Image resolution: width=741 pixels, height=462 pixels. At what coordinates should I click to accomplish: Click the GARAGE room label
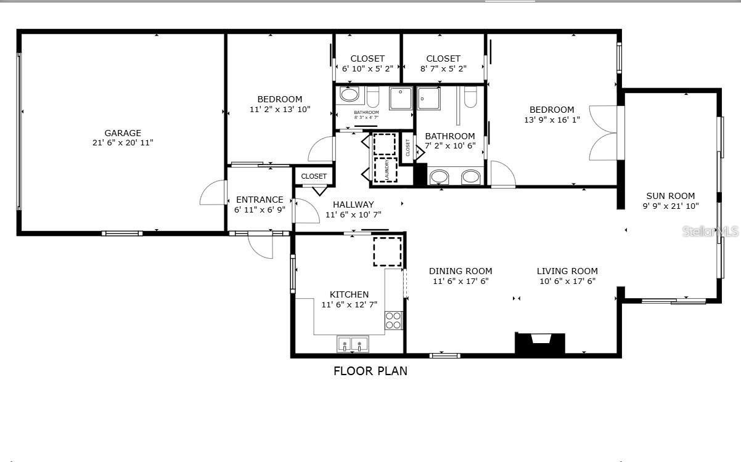123,132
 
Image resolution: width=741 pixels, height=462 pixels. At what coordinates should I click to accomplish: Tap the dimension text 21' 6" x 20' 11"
123,143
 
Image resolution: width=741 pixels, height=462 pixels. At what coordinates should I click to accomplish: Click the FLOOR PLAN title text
370,371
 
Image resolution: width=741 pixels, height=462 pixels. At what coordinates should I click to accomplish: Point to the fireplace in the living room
540,342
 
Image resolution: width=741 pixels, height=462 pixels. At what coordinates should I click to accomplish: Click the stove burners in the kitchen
393,320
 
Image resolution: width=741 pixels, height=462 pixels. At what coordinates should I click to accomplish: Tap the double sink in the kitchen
353,344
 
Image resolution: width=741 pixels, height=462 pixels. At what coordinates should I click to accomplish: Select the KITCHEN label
349,294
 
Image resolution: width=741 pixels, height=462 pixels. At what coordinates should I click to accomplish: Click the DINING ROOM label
461,271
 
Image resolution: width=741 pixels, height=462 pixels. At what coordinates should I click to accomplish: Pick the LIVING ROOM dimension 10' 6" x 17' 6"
567,281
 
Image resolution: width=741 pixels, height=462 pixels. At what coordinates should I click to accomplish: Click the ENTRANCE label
260,200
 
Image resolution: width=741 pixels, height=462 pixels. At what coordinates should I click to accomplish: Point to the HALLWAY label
353,205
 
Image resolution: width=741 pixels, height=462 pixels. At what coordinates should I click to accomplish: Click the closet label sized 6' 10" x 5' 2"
367,68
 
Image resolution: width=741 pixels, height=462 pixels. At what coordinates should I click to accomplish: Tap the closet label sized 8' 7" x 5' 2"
443,68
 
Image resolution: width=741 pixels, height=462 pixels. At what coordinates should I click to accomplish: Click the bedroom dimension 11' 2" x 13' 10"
280,109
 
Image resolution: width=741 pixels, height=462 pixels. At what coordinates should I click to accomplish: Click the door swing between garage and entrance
213,194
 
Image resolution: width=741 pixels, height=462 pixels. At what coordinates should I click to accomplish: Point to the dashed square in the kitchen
387,251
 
